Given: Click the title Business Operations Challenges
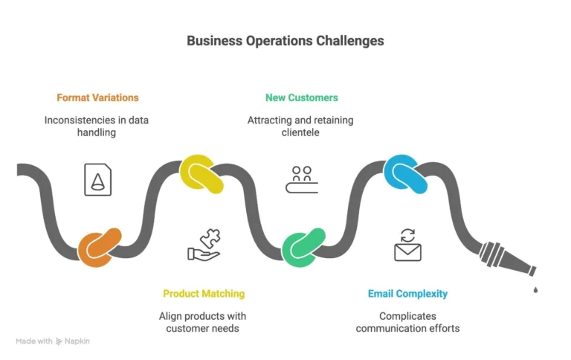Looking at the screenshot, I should pos(285,41).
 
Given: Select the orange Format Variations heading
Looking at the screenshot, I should pos(97,97).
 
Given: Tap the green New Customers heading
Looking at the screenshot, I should pos(301,97).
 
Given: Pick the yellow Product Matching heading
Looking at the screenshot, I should pos(204,294).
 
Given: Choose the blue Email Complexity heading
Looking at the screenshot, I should pos(407,294).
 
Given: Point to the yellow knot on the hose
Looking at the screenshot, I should pos(201,174).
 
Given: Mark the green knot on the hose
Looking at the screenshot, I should pos(304,248).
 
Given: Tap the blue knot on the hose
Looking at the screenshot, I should pos(406,174).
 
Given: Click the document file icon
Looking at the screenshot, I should pos(97,179).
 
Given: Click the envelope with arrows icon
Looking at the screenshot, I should pos(407,246).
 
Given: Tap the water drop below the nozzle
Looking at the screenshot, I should pos(534,289).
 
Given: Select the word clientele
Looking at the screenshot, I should pos(301,132).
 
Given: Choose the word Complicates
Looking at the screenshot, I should pos(407,316).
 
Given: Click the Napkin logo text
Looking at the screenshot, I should pos(77,341).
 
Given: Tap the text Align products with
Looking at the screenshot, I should pos(203,316).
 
